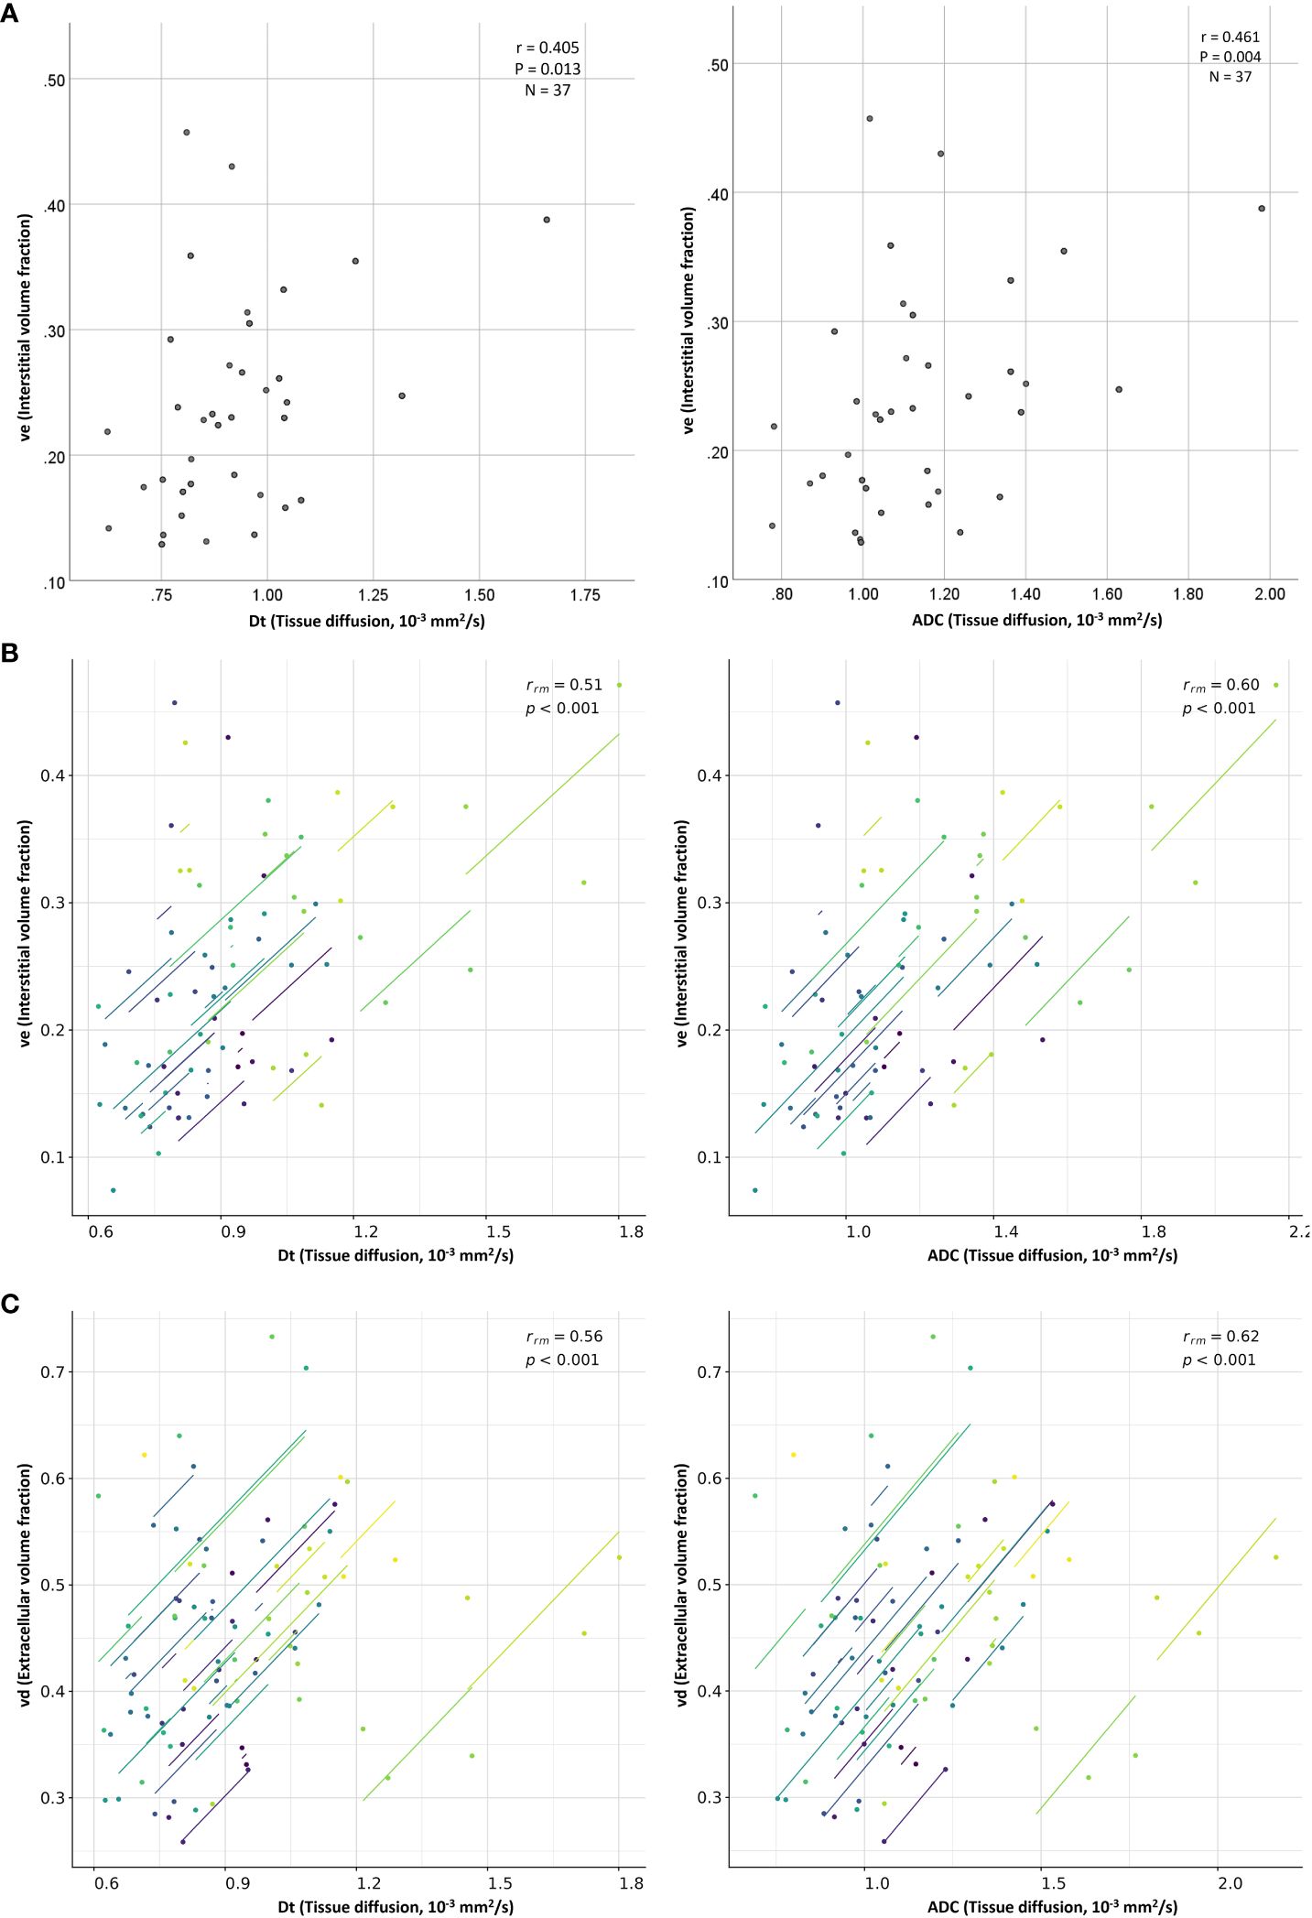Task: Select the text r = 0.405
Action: pyautogui.click(x=548, y=48)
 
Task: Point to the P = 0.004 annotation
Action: pyautogui.click(x=1231, y=57)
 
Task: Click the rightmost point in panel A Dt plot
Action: pyautogui.click(x=547, y=220)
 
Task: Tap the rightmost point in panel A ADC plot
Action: pyautogui.click(x=1262, y=209)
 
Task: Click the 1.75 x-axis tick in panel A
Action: pyautogui.click(x=585, y=595)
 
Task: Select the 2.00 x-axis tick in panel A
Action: pyautogui.click(x=1270, y=594)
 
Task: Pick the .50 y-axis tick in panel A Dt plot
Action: pyautogui.click(x=55, y=81)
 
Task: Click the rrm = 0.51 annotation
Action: pyautogui.click(x=564, y=685)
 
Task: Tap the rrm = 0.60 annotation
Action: pyautogui.click(x=1220, y=685)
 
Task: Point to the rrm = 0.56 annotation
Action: pyautogui.click(x=564, y=1337)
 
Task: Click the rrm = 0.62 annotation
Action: pyautogui.click(x=1220, y=1337)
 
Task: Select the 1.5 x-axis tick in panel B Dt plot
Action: pyautogui.click(x=500, y=1231)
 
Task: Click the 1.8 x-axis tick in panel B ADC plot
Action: pyautogui.click(x=1154, y=1231)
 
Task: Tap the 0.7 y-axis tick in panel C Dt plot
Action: pyautogui.click(x=52, y=1372)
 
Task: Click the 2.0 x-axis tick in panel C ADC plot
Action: pyautogui.click(x=1230, y=1883)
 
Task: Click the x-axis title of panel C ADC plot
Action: pyautogui.click(x=1052, y=1906)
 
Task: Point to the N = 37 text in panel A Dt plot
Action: pyautogui.click(x=548, y=91)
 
